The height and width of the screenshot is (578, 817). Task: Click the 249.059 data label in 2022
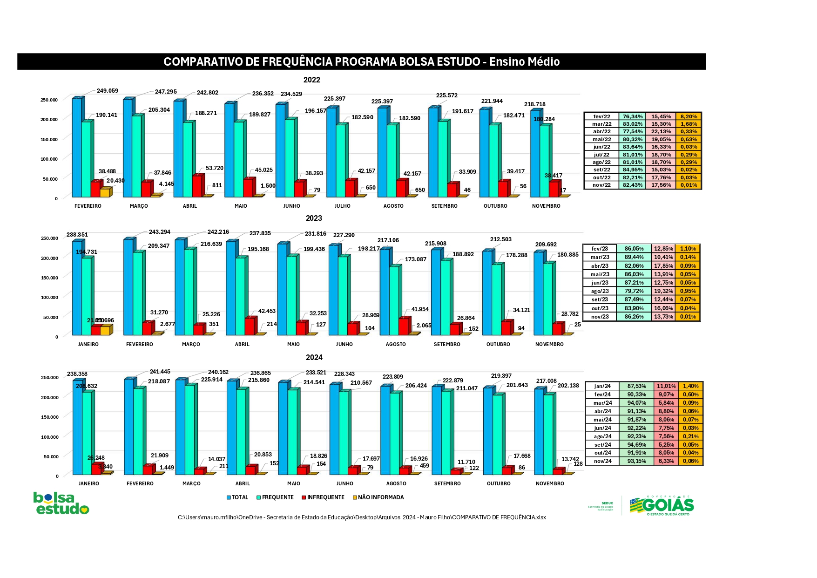107,91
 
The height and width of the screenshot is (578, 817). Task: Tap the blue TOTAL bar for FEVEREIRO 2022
76,147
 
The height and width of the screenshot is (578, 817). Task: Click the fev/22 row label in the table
601,116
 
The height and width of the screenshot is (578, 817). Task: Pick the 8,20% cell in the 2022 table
689,116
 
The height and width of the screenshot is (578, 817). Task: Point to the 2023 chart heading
314,218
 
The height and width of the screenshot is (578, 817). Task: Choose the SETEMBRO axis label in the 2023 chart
447,344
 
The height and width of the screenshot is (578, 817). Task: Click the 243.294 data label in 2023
159,231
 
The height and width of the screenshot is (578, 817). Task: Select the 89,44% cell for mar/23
634,257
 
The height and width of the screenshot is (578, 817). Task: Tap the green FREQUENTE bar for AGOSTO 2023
394,300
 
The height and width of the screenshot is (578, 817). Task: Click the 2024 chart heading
314,357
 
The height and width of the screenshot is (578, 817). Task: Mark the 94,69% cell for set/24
636,444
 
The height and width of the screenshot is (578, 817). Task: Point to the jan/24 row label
602,386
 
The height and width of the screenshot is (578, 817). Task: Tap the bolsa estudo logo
61,503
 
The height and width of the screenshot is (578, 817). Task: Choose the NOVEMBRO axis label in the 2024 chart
550,483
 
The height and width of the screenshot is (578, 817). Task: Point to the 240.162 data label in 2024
218,372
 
